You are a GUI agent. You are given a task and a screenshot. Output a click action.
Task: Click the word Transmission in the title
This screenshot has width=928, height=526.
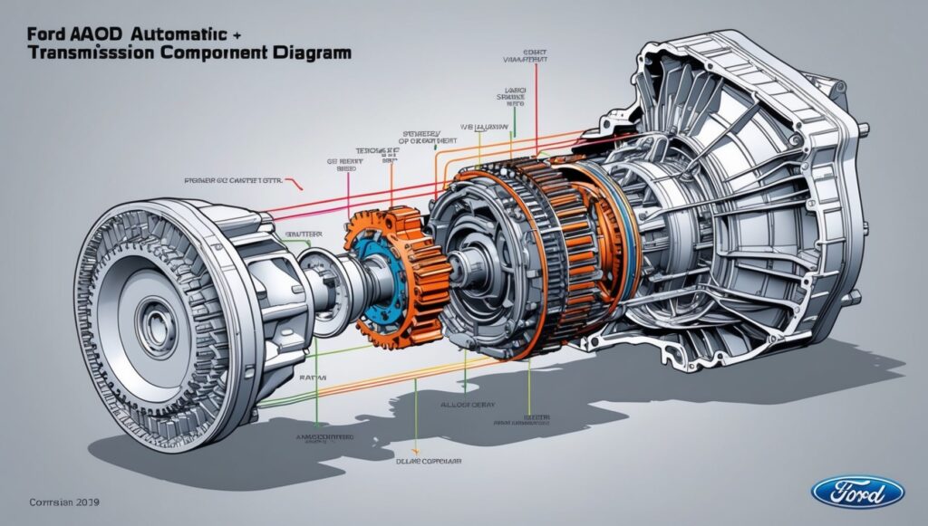[89, 53]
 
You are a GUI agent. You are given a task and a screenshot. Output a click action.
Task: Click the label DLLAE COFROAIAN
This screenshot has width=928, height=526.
[426, 460]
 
